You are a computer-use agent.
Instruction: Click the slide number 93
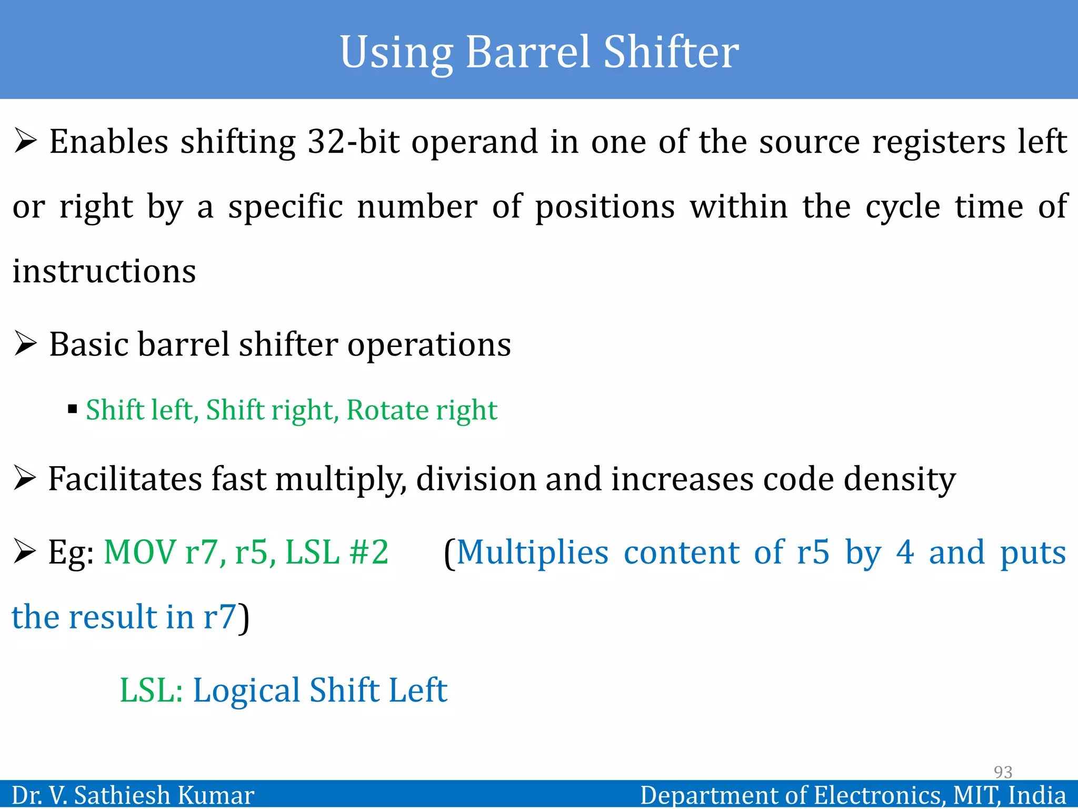[1003, 772]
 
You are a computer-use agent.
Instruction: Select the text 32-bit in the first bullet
[353, 142]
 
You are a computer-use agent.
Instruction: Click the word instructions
[104, 272]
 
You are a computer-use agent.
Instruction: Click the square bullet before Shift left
[73, 409]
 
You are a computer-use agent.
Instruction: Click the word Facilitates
[125, 479]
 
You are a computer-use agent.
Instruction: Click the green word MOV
[140, 553]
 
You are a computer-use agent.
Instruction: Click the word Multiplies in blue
[532, 553]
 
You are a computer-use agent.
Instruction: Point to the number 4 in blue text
[905, 553]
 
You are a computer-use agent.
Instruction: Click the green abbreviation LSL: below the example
[151, 690]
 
